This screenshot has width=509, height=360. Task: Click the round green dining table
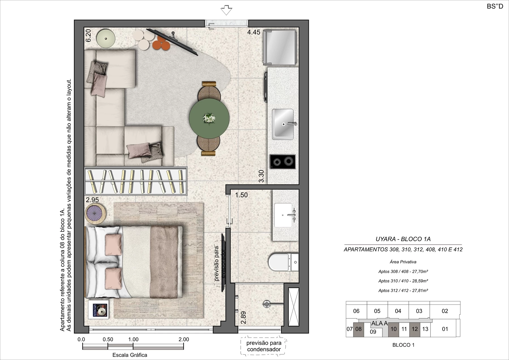pyautogui.click(x=209, y=119)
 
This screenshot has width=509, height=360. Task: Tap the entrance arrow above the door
pyautogui.click(x=226, y=10)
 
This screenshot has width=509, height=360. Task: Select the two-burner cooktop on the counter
pyautogui.click(x=282, y=162)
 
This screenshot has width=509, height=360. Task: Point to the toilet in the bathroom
pyautogui.click(x=283, y=262)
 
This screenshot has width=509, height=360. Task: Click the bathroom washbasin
pyautogui.click(x=283, y=215)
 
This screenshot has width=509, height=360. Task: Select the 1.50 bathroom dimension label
pyautogui.click(x=241, y=195)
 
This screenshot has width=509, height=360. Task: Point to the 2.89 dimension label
pyautogui.click(x=243, y=318)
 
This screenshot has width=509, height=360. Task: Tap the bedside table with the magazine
pyautogui.click(x=98, y=309)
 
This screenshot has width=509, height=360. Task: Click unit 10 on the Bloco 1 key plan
pyautogui.click(x=394, y=329)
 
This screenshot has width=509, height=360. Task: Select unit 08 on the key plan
pyautogui.click(x=359, y=329)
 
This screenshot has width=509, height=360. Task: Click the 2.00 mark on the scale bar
pyautogui.click(x=184, y=340)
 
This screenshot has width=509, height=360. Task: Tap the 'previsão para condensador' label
pyautogui.click(x=264, y=346)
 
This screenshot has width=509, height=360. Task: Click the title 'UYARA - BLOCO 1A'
pyautogui.click(x=403, y=239)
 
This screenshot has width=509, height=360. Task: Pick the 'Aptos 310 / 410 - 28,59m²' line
pyautogui.click(x=403, y=281)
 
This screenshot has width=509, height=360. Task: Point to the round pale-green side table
pyautogui.click(x=105, y=38)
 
